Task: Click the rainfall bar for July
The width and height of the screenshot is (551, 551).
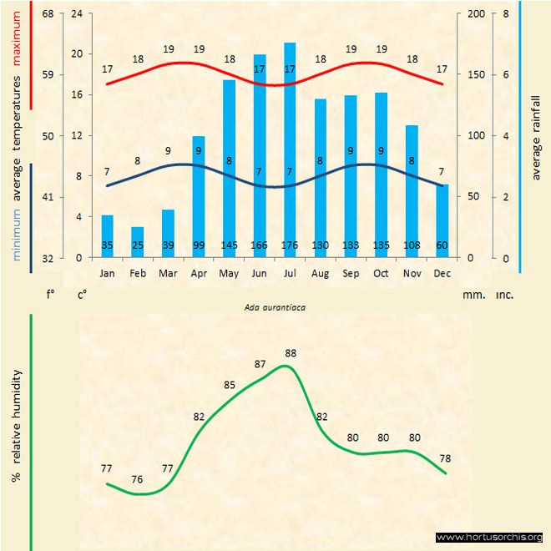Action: pos(290,150)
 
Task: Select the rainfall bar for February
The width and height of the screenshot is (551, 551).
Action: pos(137,242)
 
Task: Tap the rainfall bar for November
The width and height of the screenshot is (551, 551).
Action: pos(412,191)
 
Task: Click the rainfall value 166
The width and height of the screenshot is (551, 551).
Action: pos(260,246)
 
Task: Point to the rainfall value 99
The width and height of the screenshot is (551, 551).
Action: pos(199,246)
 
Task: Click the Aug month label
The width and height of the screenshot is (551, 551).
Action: pos(320,273)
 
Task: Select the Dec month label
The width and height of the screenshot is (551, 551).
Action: pos(442,273)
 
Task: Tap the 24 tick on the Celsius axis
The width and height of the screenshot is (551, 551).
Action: pos(78,14)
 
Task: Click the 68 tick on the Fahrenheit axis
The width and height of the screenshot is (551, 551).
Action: pos(48,14)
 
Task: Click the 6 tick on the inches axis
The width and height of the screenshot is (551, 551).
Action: pos(505,75)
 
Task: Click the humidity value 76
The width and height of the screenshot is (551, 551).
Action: pos(137,479)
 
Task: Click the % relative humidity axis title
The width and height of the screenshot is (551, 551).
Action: pos(16,426)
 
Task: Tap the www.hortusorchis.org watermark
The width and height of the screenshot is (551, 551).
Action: pos(489,537)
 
